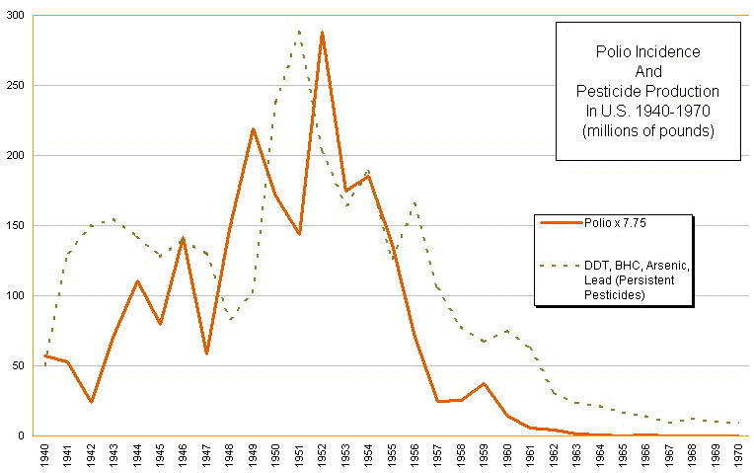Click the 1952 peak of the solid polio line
tap(322, 33)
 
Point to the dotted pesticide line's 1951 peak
tap(299, 31)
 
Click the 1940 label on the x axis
tap(45, 455)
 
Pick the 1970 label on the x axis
tap(738, 455)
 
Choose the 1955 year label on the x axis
tap(392, 455)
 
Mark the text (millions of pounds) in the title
tap(646, 130)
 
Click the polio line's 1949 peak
tap(253, 129)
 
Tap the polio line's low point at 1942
tap(91, 402)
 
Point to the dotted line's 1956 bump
tap(415, 203)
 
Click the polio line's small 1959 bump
tap(484, 383)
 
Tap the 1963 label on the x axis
tap(576, 455)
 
